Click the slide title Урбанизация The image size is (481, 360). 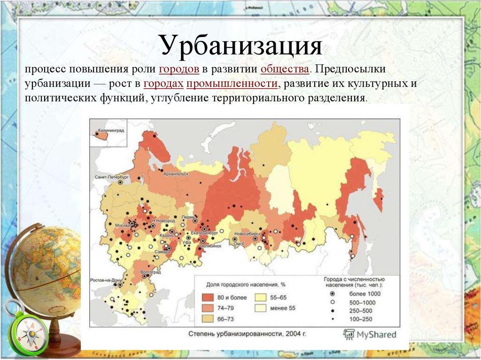coord(240,46)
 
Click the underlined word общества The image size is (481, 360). coord(285,69)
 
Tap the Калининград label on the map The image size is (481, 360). coord(111,130)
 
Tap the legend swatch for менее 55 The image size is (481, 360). coord(261,308)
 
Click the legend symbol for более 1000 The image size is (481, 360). coord(333,294)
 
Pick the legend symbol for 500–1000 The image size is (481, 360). coord(333,302)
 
